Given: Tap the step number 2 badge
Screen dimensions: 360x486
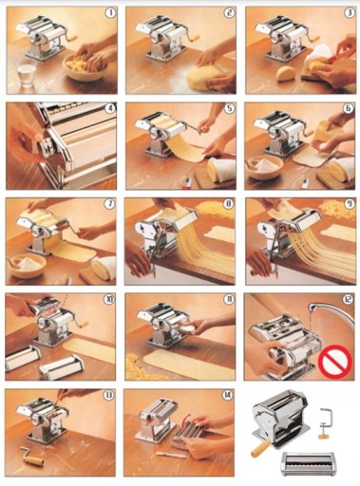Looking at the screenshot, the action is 228,12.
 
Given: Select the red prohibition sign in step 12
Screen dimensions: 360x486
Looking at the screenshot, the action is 334,361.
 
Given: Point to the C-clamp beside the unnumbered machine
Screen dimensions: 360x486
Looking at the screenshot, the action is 324,423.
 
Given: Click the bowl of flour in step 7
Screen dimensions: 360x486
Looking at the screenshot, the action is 28,265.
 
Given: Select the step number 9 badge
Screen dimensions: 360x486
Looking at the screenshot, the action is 349,204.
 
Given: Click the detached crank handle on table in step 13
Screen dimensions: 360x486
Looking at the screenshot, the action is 32,458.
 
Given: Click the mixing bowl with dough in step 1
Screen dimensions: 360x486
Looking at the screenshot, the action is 85,67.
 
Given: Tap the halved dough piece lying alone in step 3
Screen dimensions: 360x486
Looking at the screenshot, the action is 286,74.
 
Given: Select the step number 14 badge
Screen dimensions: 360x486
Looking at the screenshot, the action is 227,395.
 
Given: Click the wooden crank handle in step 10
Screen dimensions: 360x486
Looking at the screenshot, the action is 84,325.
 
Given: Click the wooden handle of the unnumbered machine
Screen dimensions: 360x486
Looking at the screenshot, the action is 260,449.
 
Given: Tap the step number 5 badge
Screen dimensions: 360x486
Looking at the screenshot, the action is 229,108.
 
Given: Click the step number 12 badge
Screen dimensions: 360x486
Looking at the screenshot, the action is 348,299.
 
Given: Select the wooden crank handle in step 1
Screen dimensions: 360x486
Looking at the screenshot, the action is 72,37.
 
